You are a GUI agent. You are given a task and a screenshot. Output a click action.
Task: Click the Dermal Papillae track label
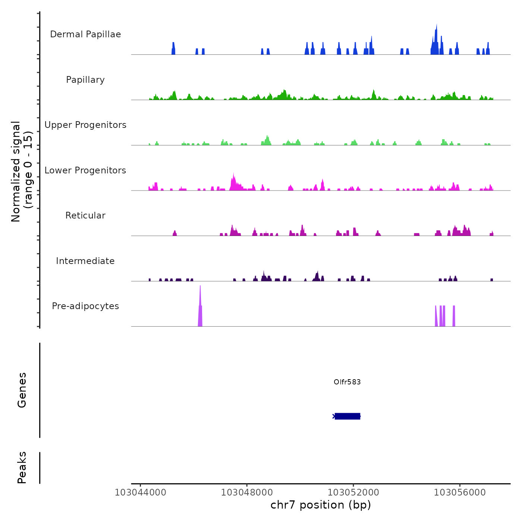point(85,34)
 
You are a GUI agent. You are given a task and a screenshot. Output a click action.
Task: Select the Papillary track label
point(85,80)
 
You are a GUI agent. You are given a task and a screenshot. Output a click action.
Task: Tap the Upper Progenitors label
point(85,125)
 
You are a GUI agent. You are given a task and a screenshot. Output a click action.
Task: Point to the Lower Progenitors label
point(85,170)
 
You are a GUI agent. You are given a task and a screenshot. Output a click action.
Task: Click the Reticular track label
point(85,216)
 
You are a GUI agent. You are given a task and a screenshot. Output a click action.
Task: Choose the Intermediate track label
point(85,261)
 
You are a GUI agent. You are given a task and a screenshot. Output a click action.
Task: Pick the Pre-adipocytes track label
point(85,306)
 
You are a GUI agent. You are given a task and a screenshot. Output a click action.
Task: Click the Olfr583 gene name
point(347,382)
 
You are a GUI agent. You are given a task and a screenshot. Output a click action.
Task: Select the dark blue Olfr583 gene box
point(348,416)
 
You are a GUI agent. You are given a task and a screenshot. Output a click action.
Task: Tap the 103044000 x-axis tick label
point(141,493)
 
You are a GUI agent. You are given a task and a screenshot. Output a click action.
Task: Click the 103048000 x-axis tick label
point(247,493)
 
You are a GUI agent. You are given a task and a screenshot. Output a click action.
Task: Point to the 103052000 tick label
point(353,493)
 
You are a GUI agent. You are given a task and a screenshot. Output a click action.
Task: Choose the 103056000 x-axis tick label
point(460,493)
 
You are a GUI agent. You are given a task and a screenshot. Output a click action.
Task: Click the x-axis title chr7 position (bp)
point(321,505)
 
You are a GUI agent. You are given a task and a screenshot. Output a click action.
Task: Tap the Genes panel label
point(22,390)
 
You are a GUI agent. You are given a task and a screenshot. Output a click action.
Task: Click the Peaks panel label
point(22,468)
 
